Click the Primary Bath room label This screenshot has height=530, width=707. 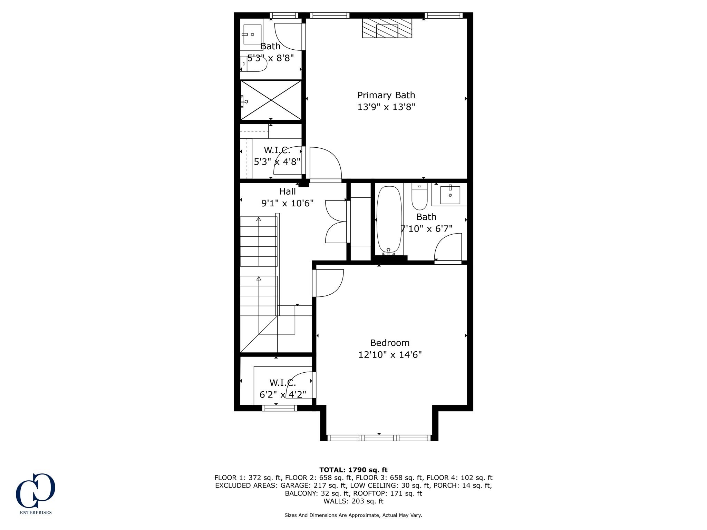(386, 95)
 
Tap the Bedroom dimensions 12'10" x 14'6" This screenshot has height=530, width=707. (390, 355)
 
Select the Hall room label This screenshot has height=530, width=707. (287, 192)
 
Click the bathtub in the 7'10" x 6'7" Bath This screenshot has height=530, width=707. (389, 220)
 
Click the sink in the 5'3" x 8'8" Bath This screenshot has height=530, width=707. (252, 35)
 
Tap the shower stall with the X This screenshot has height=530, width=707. (271, 100)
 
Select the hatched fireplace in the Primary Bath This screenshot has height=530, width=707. (387, 28)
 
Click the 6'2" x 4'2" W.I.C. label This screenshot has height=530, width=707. (282, 383)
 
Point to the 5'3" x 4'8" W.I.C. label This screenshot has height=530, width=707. (277, 150)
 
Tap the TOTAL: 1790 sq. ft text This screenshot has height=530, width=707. (353, 470)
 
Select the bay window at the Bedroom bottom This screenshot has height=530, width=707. (379, 438)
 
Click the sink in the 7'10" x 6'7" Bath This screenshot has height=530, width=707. (450, 195)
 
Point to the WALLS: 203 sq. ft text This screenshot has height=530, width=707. (353, 501)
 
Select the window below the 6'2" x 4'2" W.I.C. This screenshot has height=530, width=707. (279, 408)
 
